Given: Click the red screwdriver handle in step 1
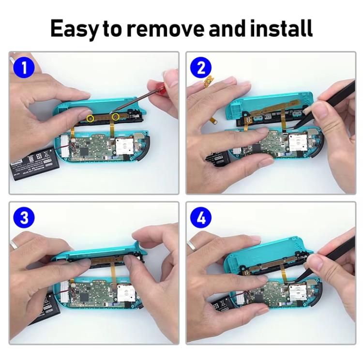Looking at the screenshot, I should click(167, 87).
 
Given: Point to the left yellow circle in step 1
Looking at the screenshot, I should click(90, 118).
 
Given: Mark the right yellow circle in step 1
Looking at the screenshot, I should click(115, 117).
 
